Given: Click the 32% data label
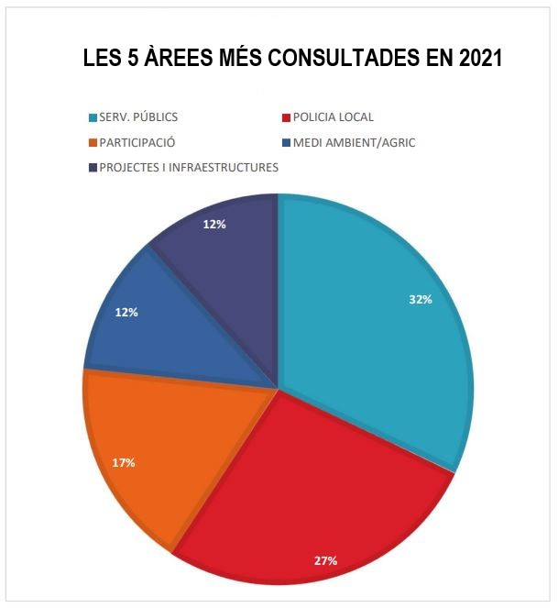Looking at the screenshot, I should pos(421,299).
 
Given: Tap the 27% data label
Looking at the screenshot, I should pos(325,559).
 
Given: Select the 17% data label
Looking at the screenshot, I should pos(124,462).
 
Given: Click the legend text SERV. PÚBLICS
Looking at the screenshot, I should pos(138,117).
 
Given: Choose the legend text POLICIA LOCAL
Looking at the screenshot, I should pos(334,117).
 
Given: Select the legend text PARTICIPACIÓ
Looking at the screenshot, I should pos(137,142).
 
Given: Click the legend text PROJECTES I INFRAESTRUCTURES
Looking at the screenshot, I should pos(189,167).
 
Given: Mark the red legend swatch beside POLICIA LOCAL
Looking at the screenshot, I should pos(285,117).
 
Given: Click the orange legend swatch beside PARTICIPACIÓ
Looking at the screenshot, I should pos(93,142).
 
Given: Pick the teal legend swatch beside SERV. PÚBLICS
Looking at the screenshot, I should pos(93,117).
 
